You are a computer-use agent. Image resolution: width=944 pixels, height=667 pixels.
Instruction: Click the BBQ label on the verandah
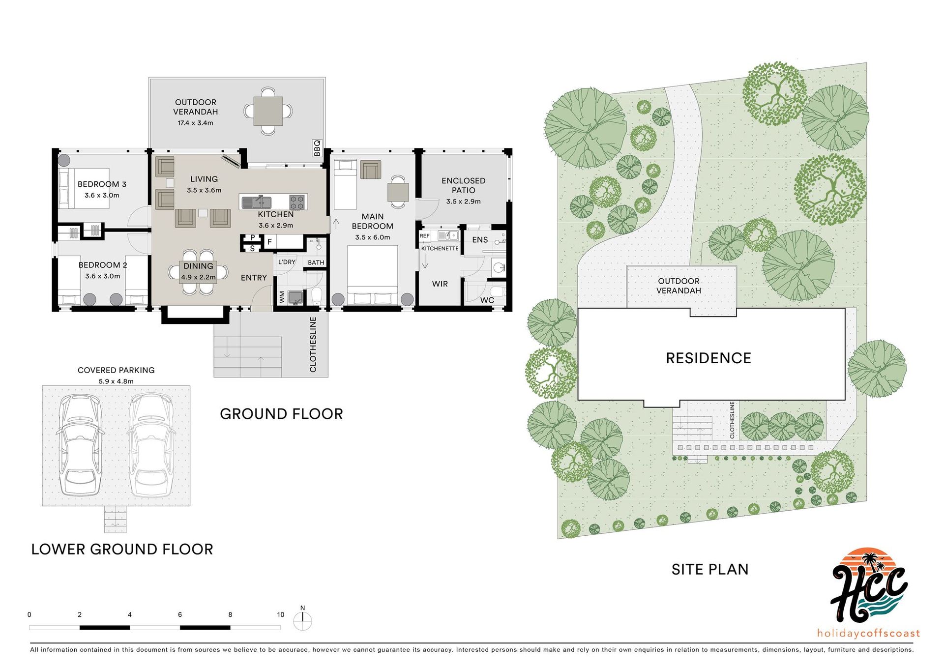coord(317,148)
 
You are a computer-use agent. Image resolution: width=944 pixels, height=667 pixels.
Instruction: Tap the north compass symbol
coord(302,620)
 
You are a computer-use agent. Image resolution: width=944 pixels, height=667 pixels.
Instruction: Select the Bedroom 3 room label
coord(102,184)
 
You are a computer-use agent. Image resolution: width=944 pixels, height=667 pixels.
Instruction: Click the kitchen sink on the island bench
coord(256,202)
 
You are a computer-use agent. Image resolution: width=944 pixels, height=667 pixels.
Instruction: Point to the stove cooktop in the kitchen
coord(297,202)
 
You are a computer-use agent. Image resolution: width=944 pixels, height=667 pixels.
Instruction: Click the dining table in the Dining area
coord(198,272)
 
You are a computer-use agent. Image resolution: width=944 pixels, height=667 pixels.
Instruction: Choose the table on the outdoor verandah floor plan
coord(268,111)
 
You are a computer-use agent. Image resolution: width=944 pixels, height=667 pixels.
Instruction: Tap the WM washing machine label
coord(282,297)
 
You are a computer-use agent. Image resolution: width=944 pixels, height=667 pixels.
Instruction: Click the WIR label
coord(440,284)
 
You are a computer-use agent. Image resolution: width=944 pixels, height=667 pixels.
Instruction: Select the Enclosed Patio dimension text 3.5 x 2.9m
coord(463,202)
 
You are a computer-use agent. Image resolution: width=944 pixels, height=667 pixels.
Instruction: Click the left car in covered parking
coord(80,445)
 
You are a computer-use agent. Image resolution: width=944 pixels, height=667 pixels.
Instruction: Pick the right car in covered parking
coord(151,445)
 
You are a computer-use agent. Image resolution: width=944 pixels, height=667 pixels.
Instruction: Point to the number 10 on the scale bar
coord(280,614)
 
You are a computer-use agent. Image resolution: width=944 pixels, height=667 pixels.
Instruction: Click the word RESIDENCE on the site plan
coord(708,358)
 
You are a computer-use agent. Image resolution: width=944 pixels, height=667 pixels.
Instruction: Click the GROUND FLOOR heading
coord(281,414)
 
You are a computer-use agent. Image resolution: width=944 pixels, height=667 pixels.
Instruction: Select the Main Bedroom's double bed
coord(372,275)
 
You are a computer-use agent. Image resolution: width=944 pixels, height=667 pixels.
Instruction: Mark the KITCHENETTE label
coord(440,249)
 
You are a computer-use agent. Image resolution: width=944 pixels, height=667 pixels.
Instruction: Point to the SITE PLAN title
coord(710,569)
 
